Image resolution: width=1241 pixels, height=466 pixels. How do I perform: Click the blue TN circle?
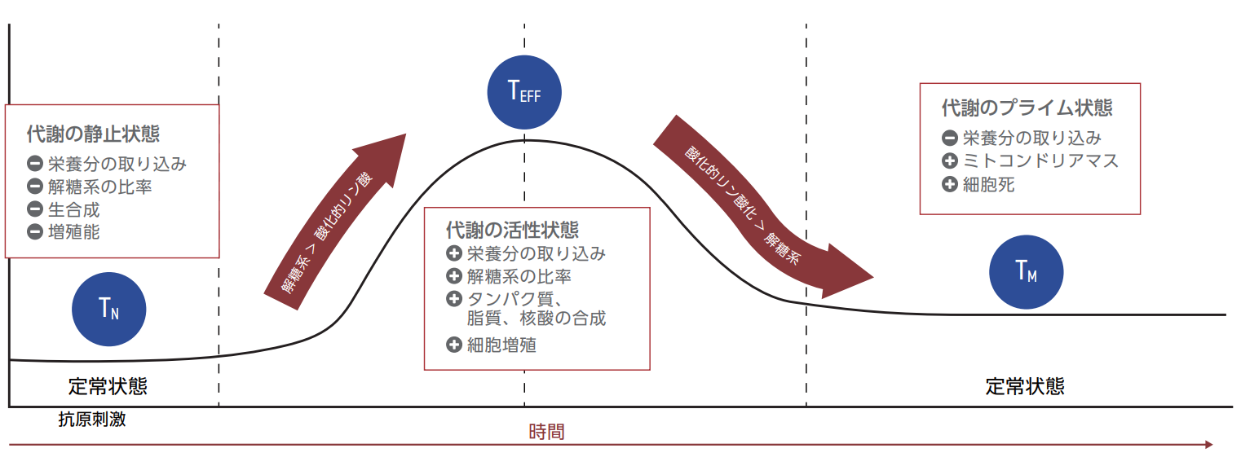click(x=109, y=309)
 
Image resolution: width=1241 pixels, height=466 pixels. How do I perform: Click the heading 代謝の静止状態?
click(x=93, y=134)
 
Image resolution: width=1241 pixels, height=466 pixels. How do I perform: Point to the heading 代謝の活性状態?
click(x=513, y=230)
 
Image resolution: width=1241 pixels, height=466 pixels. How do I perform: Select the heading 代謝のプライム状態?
click(x=1027, y=108)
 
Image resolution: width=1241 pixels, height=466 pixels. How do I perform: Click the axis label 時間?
click(x=546, y=432)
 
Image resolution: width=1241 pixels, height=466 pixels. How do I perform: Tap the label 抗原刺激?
click(x=92, y=420)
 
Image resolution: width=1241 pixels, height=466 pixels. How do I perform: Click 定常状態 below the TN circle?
click(x=108, y=386)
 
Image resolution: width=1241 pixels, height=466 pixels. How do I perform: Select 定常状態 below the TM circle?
click(x=1025, y=386)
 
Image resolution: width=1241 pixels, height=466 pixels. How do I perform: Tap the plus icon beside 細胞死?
click(x=949, y=184)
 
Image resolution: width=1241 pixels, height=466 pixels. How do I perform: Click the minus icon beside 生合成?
click(x=35, y=209)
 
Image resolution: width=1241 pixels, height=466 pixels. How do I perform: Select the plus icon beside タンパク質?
click(x=454, y=299)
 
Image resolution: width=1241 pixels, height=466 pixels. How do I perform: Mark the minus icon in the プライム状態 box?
click(x=949, y=138)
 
